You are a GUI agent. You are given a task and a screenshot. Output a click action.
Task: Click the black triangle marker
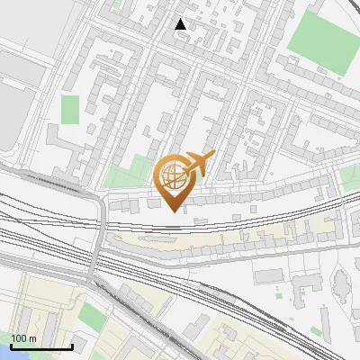pos(181,24)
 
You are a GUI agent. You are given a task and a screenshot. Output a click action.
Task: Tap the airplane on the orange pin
pos(200,164)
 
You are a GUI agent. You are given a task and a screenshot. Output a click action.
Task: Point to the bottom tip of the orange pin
pos(174,211)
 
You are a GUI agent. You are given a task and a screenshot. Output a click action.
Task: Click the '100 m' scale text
pos(24,338)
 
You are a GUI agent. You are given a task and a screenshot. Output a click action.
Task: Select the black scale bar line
pos(41,347)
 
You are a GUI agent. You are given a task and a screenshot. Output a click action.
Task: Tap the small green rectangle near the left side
pos(69,109)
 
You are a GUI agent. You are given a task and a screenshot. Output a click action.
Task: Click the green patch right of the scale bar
pos(92,315)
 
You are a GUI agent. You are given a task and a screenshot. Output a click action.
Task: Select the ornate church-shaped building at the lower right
pos(343,286)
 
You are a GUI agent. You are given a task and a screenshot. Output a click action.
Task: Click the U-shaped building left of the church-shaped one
pos(306,286)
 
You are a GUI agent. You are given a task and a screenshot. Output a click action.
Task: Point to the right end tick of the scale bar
pos(72,346)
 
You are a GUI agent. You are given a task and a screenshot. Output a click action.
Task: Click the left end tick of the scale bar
pos(11,346)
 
